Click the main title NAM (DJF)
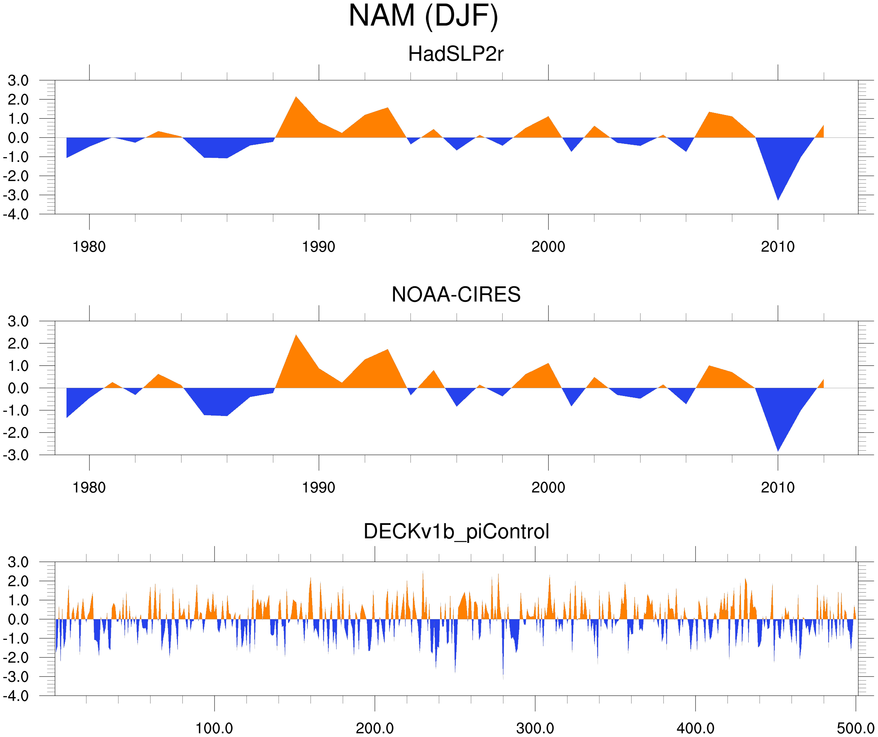click(x=423, y=16)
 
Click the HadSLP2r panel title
click(x=456, y=54)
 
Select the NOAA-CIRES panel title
click(x=456, y=295)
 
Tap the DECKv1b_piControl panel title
click(x=456, y=532)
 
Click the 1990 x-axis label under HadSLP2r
click(x=319, y=247)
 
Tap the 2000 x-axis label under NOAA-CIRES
click(x=548, y=487)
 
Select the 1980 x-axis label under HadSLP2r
click(x=89, y=247)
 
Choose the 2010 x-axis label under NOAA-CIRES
click(x=778, y=487)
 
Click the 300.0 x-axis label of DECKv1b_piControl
click(x=535, y=729)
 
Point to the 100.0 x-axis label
click(x=215, y=729)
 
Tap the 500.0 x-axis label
click(x=856, y=729)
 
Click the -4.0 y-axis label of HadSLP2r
click(x=16, y=215)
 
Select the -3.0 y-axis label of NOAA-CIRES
click(x=16, y=455)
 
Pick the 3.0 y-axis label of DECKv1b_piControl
click(x=18, y=562)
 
